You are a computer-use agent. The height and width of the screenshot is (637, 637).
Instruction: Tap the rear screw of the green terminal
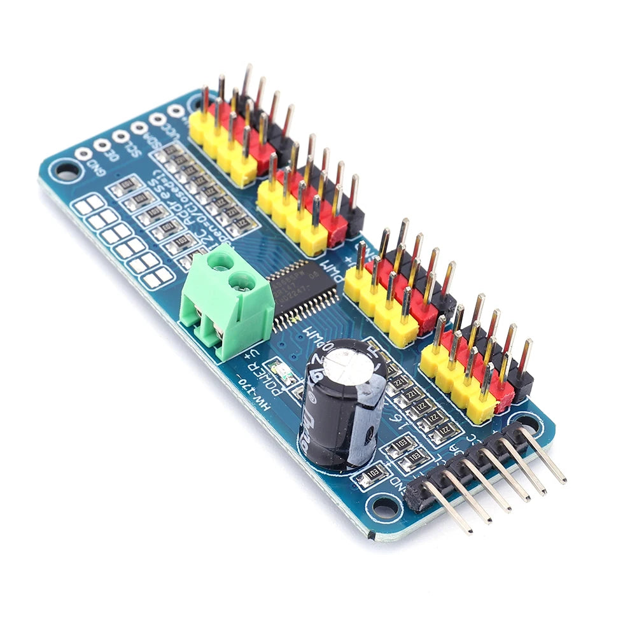(221, 260)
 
